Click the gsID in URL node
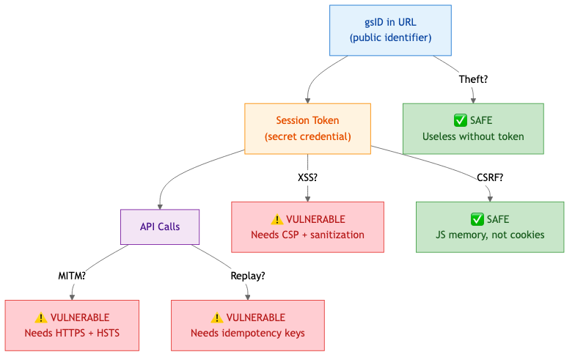[390, 30]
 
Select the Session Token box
[307, 128]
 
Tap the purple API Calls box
[160, 227]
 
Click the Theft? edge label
[473, 79]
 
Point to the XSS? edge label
[307, 177]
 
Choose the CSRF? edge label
[489, 177]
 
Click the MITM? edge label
[72, 276]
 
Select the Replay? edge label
[248, 276]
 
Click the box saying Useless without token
[473, 128]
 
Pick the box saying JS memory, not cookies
[489, 227]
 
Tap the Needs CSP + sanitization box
[307, 227]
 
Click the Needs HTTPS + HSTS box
[72, 326]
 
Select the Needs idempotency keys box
[248, 326]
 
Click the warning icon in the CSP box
[276, 219]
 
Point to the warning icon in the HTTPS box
[41, 317]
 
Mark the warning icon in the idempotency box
[217, 317]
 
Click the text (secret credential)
[307, 136]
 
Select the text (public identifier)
[390, 38]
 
